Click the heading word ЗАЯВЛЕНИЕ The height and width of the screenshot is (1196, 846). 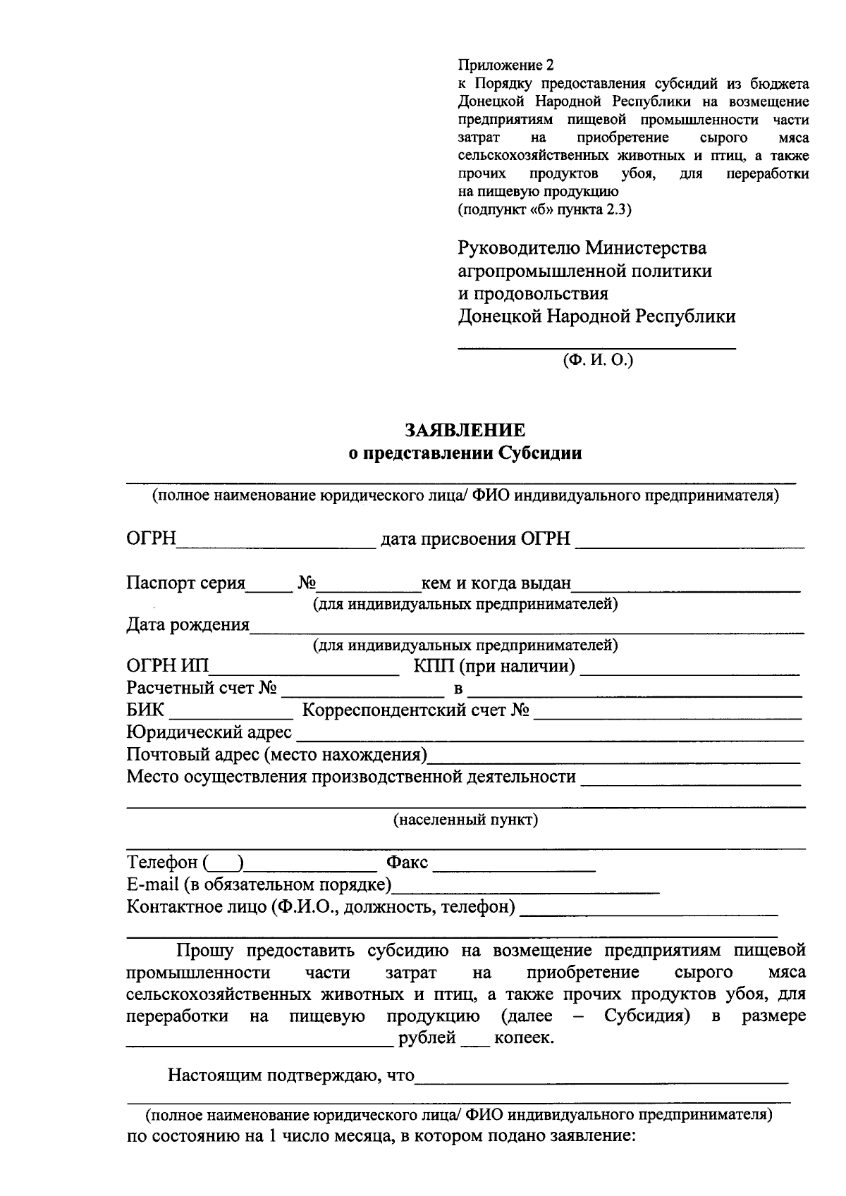coord(465,431)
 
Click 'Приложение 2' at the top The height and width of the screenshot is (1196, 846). coord(505,66)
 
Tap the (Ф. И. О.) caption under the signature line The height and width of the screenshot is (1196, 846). coord(598,360)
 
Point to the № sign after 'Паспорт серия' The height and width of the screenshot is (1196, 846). coord(307,584)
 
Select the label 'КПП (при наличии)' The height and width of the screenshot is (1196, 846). coord(494,666)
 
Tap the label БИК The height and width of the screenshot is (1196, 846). coord(145,710)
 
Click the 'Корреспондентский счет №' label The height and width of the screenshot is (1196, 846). coord(416,710)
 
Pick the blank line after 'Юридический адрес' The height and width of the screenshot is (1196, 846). coord(550,736)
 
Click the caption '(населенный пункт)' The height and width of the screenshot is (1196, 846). coord(465,820)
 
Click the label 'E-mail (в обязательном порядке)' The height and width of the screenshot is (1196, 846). coord(259,884)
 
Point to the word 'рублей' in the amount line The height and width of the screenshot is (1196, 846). coord(427,1038)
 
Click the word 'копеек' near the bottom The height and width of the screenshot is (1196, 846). coord(523,1038)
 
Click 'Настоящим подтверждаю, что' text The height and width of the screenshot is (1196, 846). coord(290,1075)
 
